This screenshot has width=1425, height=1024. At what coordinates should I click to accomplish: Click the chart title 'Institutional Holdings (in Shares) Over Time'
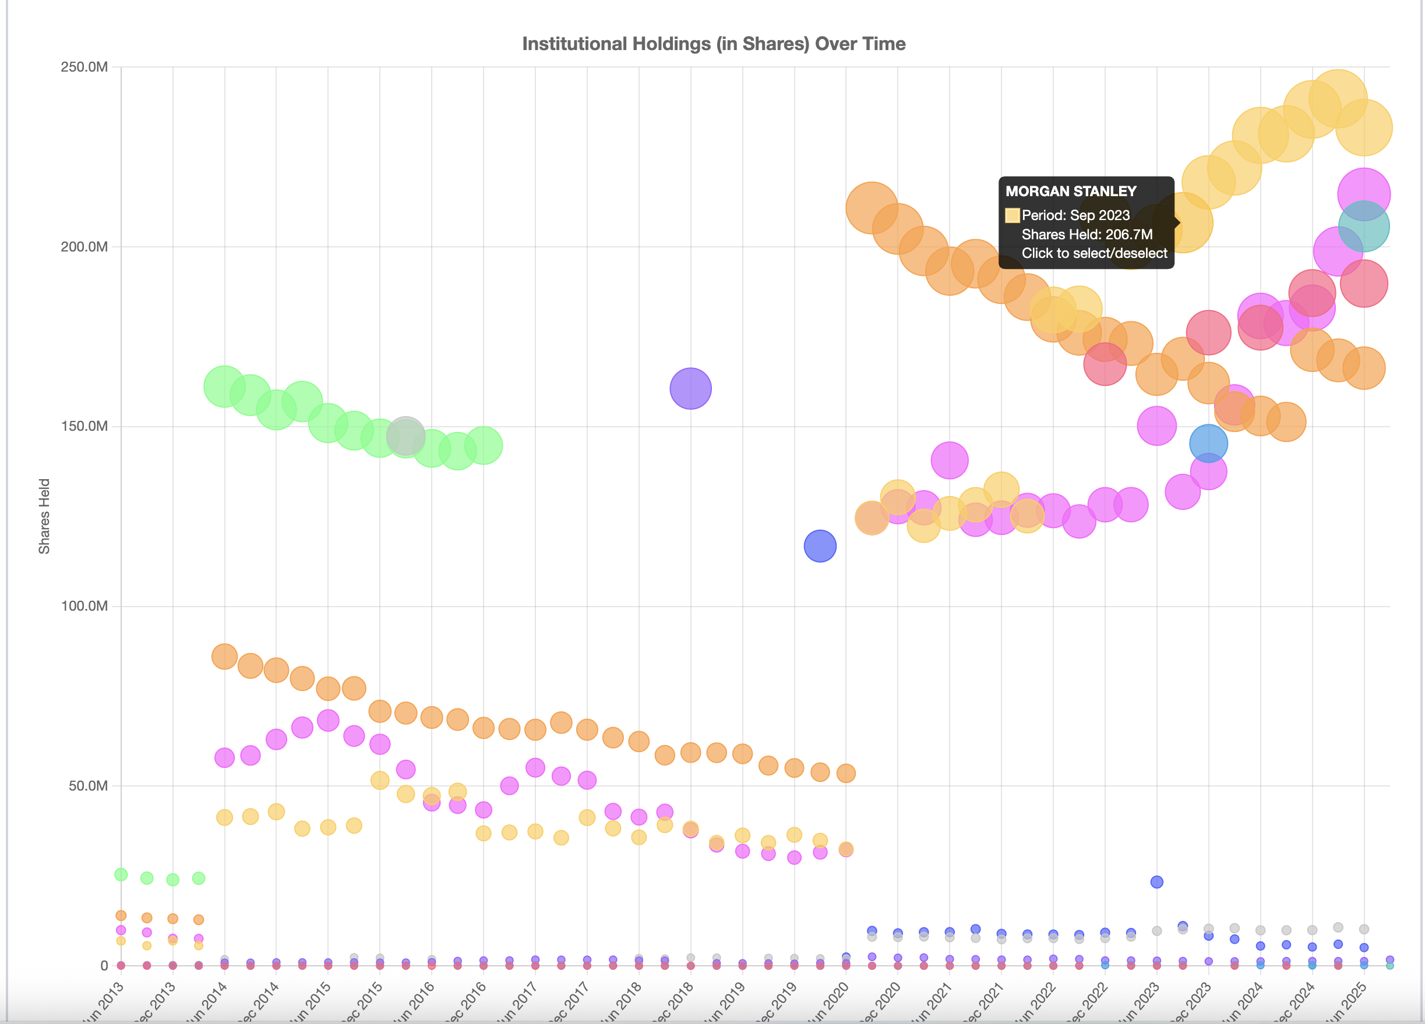coord(713,44)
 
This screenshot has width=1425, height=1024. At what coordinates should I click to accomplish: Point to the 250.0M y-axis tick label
coord(84,66)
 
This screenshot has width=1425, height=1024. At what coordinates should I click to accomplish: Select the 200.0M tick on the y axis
coord(84,247)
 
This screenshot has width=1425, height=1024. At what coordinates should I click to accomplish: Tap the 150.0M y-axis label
coord(84,426)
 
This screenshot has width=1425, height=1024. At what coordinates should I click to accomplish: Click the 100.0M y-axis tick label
coord(84,606)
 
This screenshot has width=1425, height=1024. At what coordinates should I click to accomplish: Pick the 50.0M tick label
coord(87,786)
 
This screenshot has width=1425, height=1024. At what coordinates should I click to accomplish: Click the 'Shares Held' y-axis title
coord(44,516)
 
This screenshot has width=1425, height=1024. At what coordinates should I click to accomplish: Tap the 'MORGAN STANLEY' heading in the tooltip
coord(1071,192)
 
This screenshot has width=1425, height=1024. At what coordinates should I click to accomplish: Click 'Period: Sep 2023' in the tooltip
coord(1075,215)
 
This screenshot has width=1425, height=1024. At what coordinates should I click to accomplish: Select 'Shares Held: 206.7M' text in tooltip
coord(1087,235)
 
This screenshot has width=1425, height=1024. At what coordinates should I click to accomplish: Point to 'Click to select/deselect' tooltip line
coord(1094,254)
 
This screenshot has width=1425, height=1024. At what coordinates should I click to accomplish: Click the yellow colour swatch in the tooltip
coord(1011,215)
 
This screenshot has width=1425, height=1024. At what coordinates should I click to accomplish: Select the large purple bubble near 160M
coord(690,389)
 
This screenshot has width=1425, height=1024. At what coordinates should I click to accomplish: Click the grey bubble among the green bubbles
coord(405,435)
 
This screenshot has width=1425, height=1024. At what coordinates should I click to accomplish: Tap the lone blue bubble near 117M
coord(819,545)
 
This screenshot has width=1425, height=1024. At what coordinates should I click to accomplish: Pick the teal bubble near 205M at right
coord(1363,226)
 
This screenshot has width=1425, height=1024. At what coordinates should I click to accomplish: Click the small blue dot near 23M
coord(1156,882)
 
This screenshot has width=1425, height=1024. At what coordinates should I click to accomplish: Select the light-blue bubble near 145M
coord(1208,443)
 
